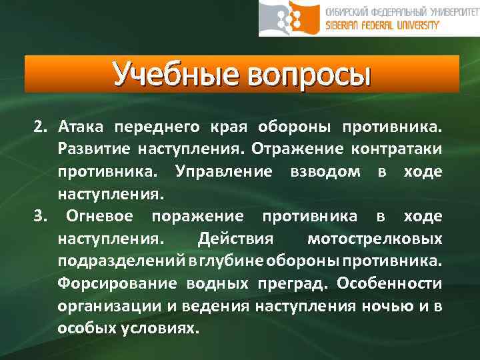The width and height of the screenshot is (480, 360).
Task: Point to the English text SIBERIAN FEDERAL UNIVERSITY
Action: click(x=383, y=26)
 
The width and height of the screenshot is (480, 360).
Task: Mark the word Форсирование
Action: click(x=117, y=283)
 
